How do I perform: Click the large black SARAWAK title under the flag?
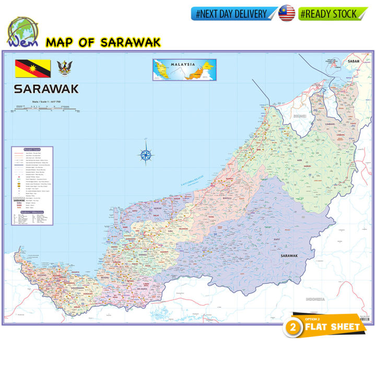tap(46, 89)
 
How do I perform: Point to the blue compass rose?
tap(146, 154)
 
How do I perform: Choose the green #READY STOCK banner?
tap(330, 14)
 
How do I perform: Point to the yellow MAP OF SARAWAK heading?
tap(103, 42)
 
